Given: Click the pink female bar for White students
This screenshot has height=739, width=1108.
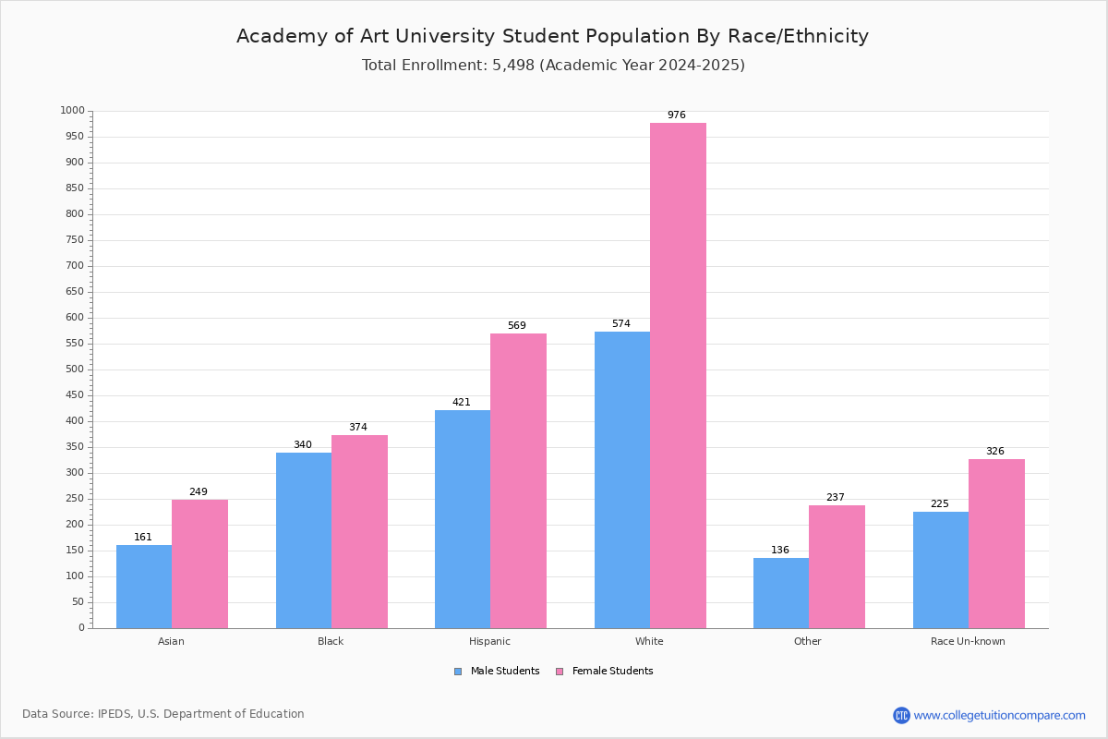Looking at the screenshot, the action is [x=678, y=376].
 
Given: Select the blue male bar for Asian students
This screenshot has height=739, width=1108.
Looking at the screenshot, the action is [x=144, y=587].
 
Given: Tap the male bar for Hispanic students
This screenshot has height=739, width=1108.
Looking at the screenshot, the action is [x=463, y=519].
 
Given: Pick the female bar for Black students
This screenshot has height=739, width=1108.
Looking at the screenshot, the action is [x=359, y=531].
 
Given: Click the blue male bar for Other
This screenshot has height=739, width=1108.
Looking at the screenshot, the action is [x=781, y=593].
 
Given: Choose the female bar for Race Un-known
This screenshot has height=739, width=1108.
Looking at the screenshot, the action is [x=996, y=544].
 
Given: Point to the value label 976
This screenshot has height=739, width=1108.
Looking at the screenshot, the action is [x=676, y=115].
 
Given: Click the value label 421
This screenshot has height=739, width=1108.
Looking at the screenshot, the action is [x=461, y=402].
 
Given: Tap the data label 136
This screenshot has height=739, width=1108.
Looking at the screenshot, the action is [x=779, y=550].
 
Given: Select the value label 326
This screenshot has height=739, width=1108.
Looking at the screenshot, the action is [x=994, y=451].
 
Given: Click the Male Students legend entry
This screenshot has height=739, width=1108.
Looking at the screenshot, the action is [x=497, y=671].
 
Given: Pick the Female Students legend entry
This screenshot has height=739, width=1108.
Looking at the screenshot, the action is [x=605, y=671].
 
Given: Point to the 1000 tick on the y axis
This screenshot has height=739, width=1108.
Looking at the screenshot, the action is [x=73, y=110].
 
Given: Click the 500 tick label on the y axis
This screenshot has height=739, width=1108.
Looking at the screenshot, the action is [x=75, y=369].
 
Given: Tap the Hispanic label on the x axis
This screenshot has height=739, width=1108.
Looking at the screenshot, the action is [x=489, y=641].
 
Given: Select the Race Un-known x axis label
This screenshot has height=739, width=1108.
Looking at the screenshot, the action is [x=968, y=641].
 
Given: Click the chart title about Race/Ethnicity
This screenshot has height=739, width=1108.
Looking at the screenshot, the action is [x=552, y=36].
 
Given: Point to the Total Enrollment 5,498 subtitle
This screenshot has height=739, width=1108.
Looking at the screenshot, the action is [x=553, y=65].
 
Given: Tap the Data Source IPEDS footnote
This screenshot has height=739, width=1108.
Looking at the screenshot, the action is [x=163, y=714].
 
